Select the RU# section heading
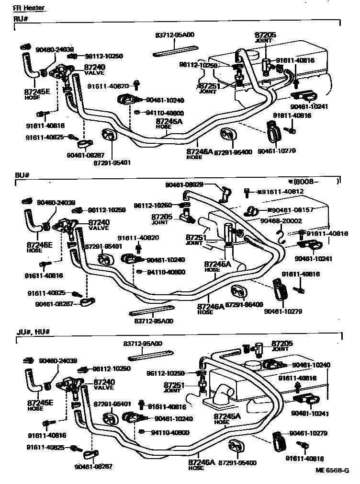click(21, 19)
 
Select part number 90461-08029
click(184, 185)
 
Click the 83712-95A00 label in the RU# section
click(174, 35)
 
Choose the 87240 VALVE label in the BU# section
click(99, 225)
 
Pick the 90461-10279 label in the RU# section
click(277, 151)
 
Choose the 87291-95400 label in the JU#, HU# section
click(237, 462)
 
